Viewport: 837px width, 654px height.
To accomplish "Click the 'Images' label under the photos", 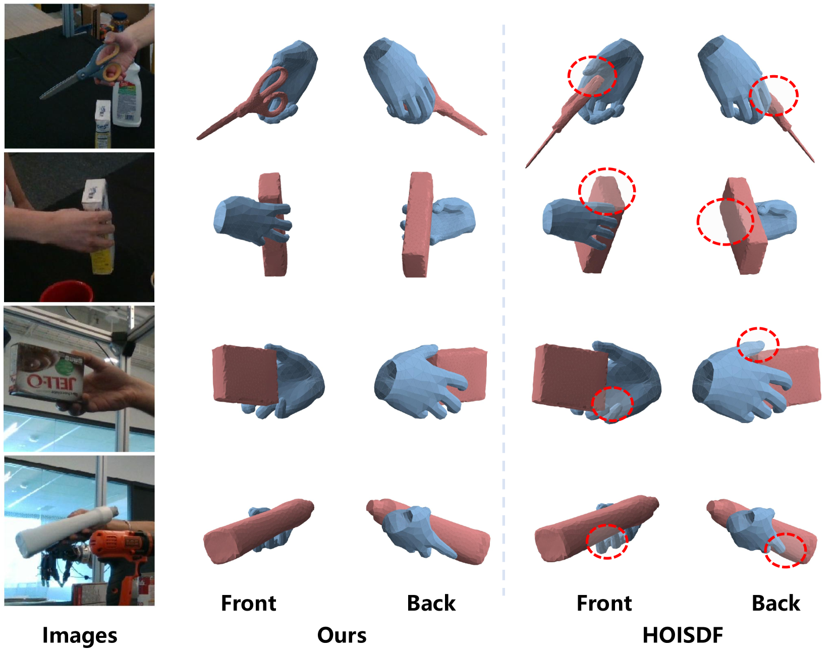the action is point(80,635).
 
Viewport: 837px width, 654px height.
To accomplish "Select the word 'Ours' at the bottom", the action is point(342,635).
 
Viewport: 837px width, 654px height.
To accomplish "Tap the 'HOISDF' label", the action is point(683,635).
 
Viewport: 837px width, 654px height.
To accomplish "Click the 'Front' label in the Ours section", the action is point(248,603).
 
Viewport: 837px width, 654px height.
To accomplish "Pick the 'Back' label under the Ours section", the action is point(431,603).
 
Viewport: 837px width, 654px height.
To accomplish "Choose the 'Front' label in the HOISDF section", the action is point(604,603).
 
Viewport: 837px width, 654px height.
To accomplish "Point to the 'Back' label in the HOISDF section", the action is point(776,603).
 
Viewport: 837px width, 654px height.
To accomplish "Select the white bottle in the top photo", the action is point(127,96).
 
